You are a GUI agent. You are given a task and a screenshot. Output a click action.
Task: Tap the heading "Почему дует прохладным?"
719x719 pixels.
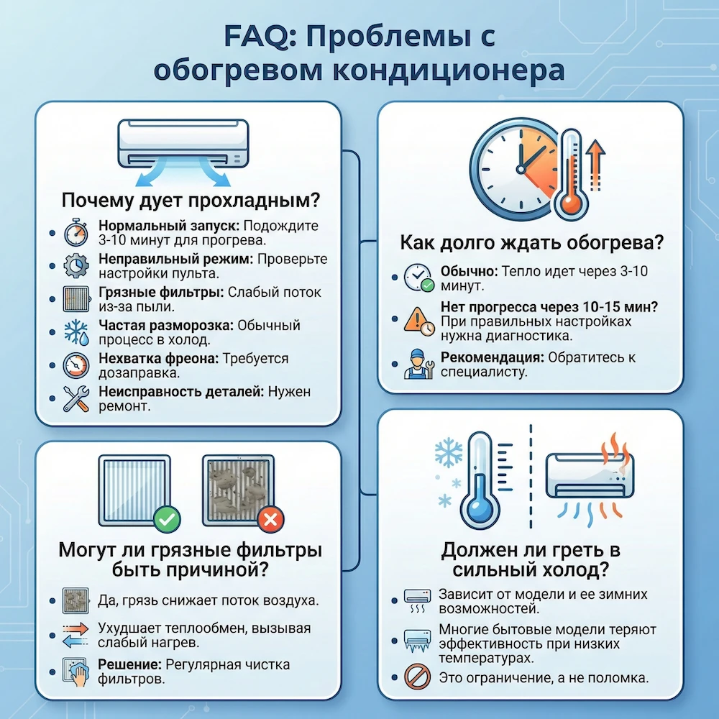(x=191, y=199)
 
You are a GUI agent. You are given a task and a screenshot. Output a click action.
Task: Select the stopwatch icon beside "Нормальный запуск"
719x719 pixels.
(x=75, y=232)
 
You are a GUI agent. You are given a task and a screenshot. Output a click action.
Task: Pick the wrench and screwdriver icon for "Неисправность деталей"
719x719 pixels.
(x=75, y=398)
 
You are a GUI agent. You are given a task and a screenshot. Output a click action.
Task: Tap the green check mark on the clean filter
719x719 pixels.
(x=168, y=518)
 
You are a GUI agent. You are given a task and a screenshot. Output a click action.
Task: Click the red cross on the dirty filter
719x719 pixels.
(x=270, y=518)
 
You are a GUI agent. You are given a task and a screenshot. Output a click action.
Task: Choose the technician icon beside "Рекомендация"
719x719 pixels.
(x=417, y=364)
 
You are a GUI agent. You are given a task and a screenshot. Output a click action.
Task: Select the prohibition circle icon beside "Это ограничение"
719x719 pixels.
(x=417, y=677)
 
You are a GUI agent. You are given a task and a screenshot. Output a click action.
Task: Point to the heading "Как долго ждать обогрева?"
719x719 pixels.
(x=531, y=243)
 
